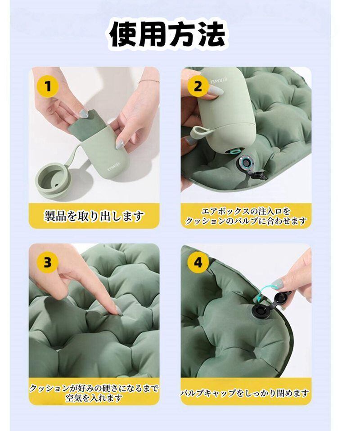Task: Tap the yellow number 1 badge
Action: point(48,86)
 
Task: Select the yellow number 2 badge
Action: point(198,86)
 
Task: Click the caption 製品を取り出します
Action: point(94,216)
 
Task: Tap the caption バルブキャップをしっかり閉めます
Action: point(245,393)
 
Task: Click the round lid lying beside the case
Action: point(54,180)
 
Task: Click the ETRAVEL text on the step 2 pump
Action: point(218,80)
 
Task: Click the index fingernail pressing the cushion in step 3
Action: point(118,311)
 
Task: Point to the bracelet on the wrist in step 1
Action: point(148,82)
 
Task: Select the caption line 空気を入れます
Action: point(94,398)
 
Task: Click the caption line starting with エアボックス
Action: point(246,211)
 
